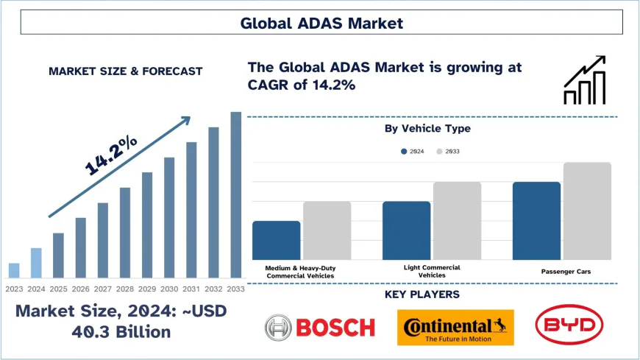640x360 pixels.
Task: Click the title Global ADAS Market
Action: pos(321,23)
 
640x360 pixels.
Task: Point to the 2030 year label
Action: pos(169,288)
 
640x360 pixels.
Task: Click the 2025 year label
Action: pos(58,288)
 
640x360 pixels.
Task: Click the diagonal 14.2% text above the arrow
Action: pos(111,155)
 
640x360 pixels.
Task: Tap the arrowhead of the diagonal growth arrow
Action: pos(185,119)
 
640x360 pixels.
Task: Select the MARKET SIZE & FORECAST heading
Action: pos(125,71)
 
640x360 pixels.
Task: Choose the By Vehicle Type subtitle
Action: pos(427,128)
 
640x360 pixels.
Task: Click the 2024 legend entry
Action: pos(412,151)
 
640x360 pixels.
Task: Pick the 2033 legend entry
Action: pos(448,151)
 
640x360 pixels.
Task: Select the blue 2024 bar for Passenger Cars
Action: pos(536,221)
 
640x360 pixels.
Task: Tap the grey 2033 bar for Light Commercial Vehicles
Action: pos(457,221)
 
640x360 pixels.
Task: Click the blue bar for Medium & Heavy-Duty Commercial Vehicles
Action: pos(276,240)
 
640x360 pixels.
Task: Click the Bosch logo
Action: pos(320,327)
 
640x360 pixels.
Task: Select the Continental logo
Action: pos(455,327)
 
